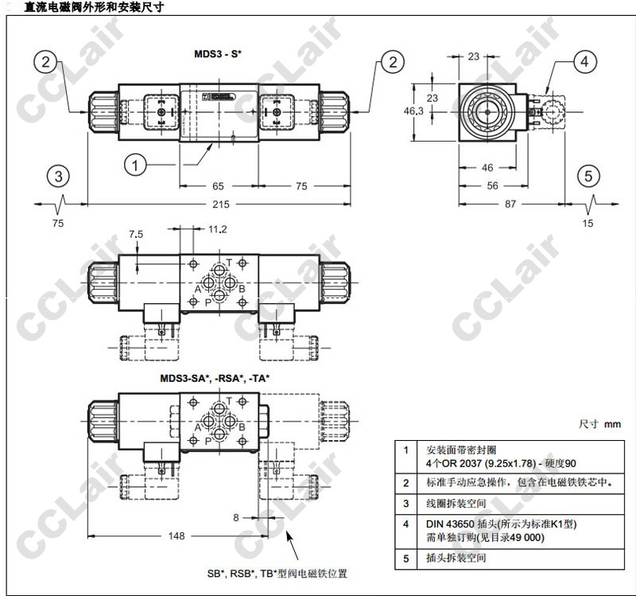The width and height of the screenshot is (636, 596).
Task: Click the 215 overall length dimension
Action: pos(221,205)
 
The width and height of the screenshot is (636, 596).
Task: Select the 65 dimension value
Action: pos(218,186)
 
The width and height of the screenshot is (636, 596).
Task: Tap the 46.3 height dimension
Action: pos(413,111)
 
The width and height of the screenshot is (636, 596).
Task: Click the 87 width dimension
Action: pos(510,204)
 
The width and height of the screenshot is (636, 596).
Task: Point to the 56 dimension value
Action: pos(492,185)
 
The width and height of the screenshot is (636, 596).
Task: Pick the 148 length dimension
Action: pos(176,536)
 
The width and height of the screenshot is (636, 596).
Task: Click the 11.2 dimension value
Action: pos(217,229)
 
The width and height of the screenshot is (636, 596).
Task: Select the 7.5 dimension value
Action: pos(136,234)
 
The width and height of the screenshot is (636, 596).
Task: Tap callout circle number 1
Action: pos(135,165)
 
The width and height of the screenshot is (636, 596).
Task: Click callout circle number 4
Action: pos(584,62)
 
